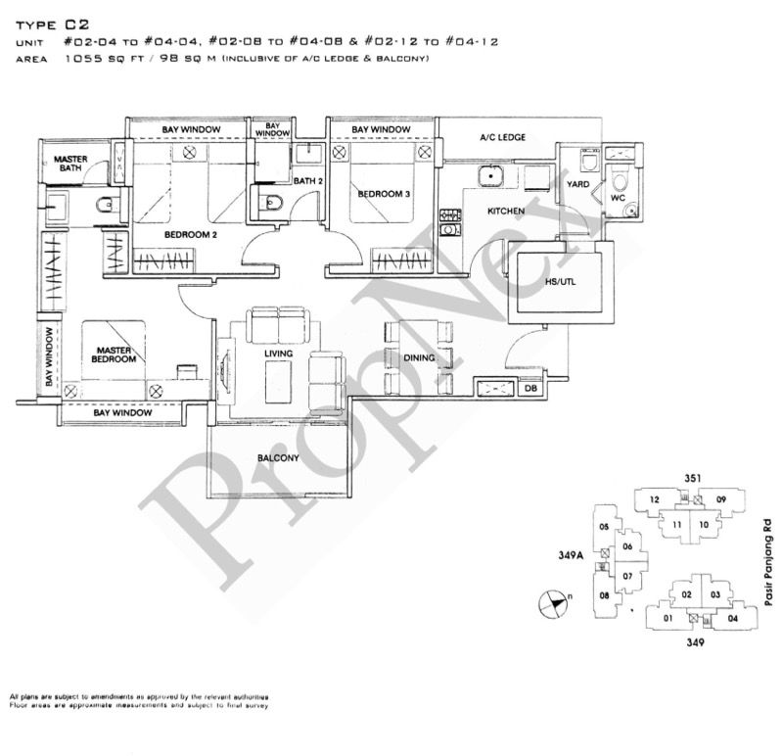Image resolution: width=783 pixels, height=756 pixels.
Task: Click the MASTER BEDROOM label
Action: [115, 354]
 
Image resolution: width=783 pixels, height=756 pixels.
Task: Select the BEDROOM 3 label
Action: [384, 194]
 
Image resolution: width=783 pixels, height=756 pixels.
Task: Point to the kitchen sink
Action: [486, 176]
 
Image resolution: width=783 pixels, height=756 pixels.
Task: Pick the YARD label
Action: [578, 183]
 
